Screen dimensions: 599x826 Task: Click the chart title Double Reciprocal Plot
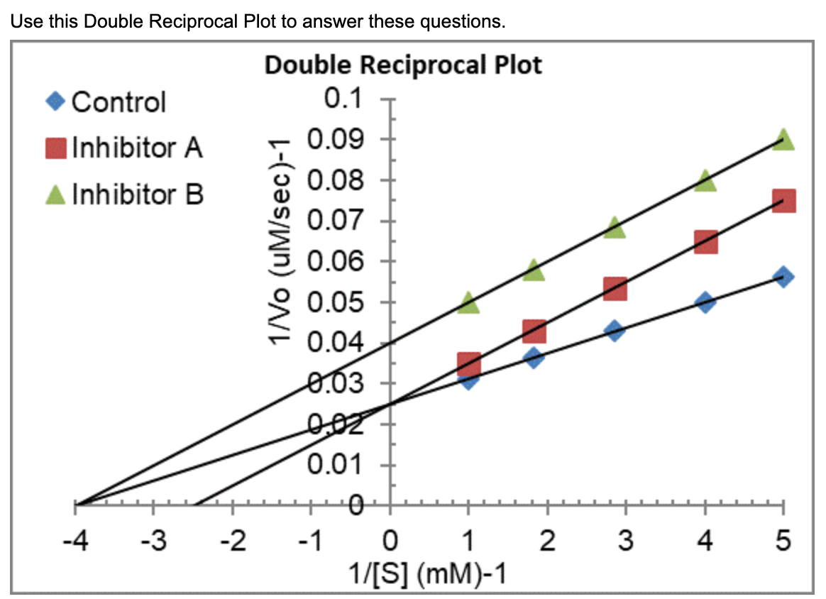(x=402, y=65)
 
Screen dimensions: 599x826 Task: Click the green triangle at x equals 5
(x=783, y=139)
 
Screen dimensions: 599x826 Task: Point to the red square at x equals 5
(x=783, y=201)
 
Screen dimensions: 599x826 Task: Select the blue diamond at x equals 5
(x=783, y=277)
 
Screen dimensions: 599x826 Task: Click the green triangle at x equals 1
(x=468, y=304)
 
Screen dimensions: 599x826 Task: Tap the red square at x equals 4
(x=705, y=243)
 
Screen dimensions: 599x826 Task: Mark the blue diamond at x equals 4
(x=705, y=302)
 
